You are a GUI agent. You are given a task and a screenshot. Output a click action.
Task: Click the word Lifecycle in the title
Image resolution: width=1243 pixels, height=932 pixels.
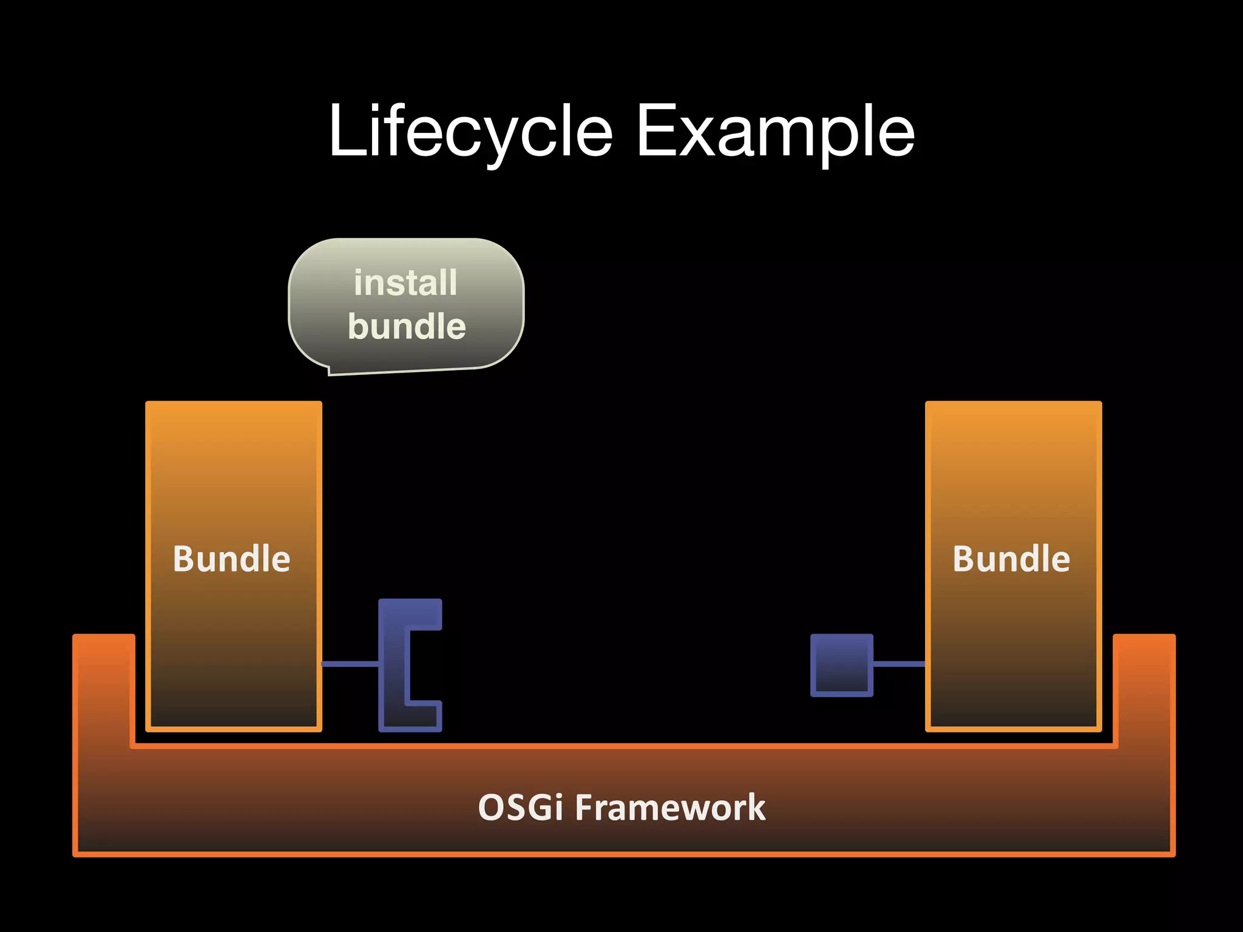pos(470,132)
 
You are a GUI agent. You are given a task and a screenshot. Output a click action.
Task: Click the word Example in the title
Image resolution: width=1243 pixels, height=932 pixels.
pos(775,132)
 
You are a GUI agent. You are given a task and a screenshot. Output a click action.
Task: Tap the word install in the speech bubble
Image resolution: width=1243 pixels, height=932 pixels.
pos(405,283)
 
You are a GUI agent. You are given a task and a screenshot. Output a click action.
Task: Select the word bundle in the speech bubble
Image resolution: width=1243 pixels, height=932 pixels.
pos(407,326)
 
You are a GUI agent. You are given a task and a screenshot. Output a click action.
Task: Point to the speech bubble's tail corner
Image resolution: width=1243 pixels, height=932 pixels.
pos(330,373)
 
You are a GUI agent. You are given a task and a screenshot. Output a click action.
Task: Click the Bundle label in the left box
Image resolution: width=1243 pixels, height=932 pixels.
pos(232,559)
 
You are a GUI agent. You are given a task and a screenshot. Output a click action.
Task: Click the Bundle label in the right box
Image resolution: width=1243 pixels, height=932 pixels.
pos(1011,559)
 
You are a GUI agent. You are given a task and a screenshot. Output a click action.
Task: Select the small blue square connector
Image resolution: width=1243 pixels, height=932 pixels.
pos(842,665)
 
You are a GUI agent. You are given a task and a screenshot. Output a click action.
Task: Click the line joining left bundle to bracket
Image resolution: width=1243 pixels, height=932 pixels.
pos(350,664)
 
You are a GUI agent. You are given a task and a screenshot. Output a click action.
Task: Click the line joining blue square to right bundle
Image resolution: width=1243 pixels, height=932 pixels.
pos(899,664)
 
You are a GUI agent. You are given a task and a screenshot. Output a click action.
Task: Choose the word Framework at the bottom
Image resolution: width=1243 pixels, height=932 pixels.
pos(670,808)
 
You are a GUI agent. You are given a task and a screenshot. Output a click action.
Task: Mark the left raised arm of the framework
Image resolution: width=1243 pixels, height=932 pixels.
pos(103,686)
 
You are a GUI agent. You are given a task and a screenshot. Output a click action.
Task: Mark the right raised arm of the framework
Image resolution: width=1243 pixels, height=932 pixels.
pos(1145,686)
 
